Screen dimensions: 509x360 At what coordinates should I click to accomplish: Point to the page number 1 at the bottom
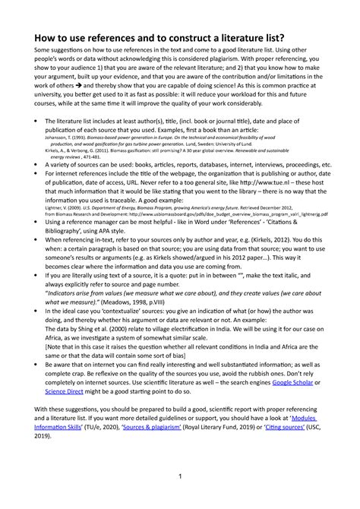point(180,476)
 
